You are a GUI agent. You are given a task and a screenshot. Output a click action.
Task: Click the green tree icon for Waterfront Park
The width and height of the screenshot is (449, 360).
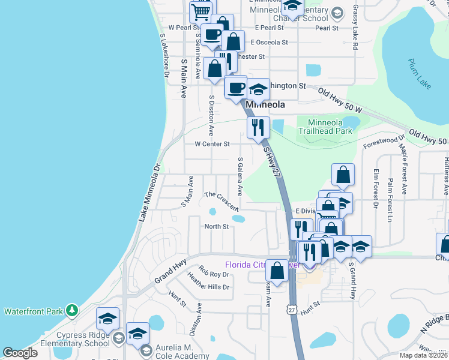72,310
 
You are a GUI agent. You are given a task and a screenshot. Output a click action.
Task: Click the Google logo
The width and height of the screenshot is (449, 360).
20,352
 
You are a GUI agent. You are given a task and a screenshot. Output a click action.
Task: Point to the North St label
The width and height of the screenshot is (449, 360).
217,226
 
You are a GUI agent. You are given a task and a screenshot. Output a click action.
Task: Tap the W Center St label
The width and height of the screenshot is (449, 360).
212,144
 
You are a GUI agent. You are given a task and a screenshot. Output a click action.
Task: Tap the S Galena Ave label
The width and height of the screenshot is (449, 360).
240,176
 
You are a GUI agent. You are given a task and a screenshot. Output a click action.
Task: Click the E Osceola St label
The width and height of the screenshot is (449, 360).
270,43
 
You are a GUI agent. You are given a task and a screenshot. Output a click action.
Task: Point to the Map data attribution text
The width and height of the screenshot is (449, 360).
423,355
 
